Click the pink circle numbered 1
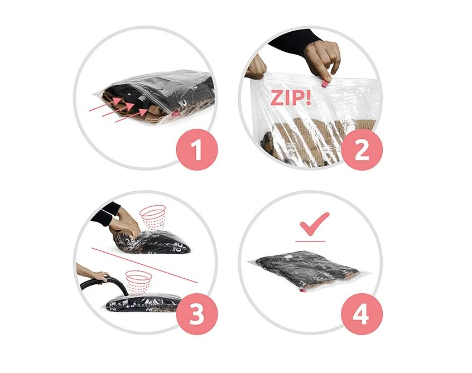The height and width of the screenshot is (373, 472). pyautogui.click(x=197, y=149)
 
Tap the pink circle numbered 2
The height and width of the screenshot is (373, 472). pyautogui.click(x=362, y=149)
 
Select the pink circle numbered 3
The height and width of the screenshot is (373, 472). pyautogui.click(x=197, y=314)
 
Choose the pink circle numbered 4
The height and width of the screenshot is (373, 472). pyautogui.click(x=362, y=314)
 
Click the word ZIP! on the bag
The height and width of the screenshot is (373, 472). pyautogui.click(x=291, y=98)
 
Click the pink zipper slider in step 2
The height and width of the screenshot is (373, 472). pyautogui.click(x=325, y=83)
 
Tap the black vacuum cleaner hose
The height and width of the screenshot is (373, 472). pyautogui.click(x=102, y=287)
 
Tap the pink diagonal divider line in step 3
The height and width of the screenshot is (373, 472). pyautogui.click(x=145, y=265)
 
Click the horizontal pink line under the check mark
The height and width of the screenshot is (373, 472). pyautogui.click(x=310, y=241)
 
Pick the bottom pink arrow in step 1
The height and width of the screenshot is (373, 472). pyautogui.click(x=132, y=116)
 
